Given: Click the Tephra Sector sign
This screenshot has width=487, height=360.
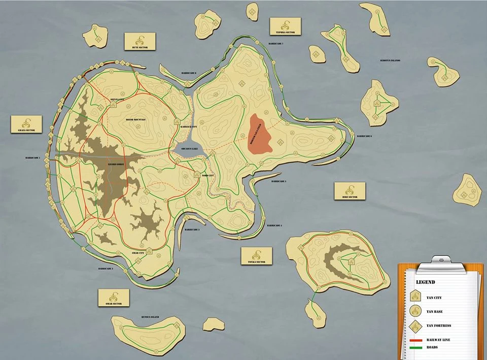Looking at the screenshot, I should tap(285, 26).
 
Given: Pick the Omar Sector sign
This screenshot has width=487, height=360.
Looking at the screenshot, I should tap(114, 298).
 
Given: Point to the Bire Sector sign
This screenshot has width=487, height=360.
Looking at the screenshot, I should tap(350, 191).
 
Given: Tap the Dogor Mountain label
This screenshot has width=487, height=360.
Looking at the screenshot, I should tap(135, 119).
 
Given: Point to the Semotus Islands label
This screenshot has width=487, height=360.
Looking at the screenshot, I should tap(390, 61).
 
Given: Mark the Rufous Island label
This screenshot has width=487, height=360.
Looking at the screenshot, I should tap(150, 317).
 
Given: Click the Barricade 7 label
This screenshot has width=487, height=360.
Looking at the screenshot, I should tap(276, 44).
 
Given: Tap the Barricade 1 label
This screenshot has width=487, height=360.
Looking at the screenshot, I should tap(32, 158).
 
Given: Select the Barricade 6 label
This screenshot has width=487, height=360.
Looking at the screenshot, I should tap(364, 136).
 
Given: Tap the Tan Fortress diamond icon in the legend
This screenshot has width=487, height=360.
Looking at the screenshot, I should tap(415, 325).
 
